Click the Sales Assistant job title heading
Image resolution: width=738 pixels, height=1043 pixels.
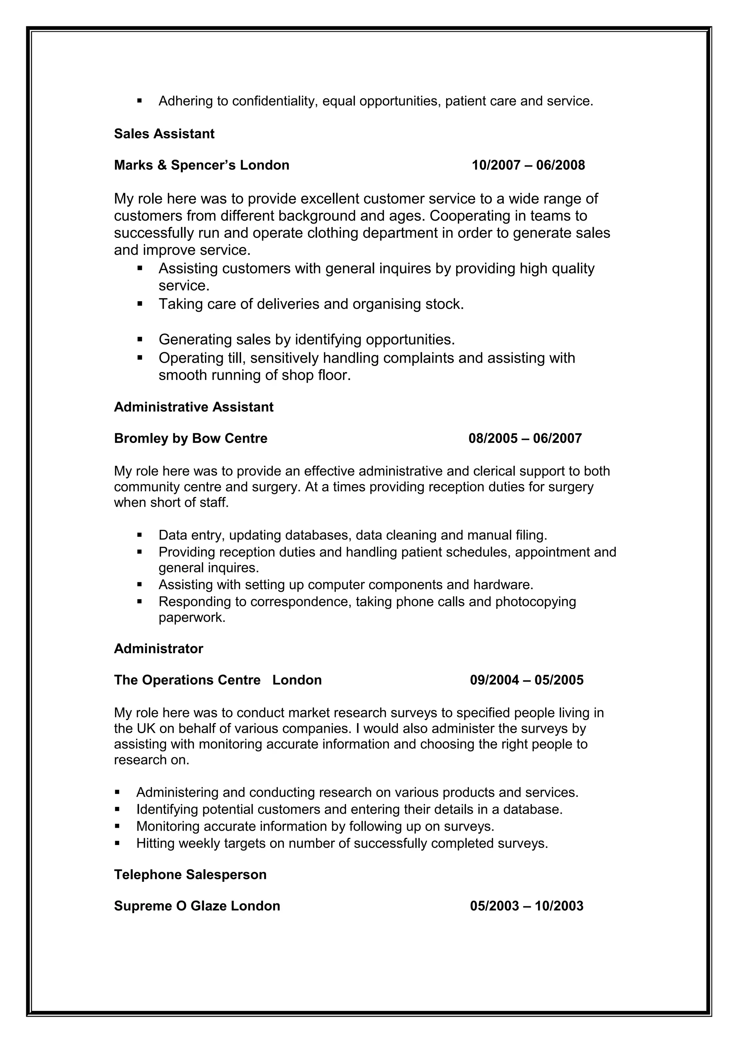164,134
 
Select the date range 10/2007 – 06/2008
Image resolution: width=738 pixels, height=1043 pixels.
528,165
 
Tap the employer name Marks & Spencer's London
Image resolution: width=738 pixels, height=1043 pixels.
201,165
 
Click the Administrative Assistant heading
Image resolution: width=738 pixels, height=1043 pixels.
194,407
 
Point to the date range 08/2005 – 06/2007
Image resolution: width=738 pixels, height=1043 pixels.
525,438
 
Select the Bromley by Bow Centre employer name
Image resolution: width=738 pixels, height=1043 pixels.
191,438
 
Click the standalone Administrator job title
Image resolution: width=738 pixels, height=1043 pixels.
158,648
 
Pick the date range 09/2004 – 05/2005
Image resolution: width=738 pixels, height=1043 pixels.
526,680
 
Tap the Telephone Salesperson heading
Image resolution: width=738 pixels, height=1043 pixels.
190,875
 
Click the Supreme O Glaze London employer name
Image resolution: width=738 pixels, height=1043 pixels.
197,906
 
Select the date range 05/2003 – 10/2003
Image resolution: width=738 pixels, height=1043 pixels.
526,906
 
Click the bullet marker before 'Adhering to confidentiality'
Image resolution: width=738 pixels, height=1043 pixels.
139,100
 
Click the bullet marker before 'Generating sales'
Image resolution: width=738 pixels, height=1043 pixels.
139,339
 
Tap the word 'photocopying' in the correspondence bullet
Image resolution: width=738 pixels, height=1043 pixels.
535,601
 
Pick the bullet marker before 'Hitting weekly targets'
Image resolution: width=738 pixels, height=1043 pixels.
117,843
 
